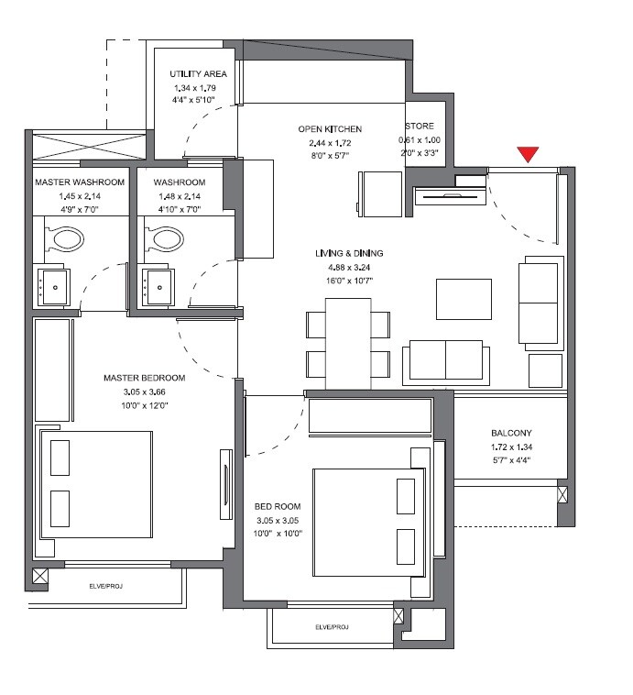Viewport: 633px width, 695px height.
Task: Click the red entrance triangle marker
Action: (x=527, y=155)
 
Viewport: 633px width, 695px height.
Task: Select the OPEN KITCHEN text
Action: (x=330, y=130)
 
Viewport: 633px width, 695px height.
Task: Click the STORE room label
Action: (x=422, y=127)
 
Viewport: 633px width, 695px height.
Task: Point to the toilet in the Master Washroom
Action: (x=64, y=240)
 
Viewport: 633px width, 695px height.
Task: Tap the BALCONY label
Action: (x=511, y=434)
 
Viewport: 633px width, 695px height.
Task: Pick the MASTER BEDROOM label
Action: (x=144, y=378)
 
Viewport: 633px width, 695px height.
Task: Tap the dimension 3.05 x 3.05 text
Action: (x=278, y=520)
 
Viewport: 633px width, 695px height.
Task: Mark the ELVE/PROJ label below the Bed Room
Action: (x=332, y=627)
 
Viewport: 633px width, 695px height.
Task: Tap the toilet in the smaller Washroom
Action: (x=167, y=240)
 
